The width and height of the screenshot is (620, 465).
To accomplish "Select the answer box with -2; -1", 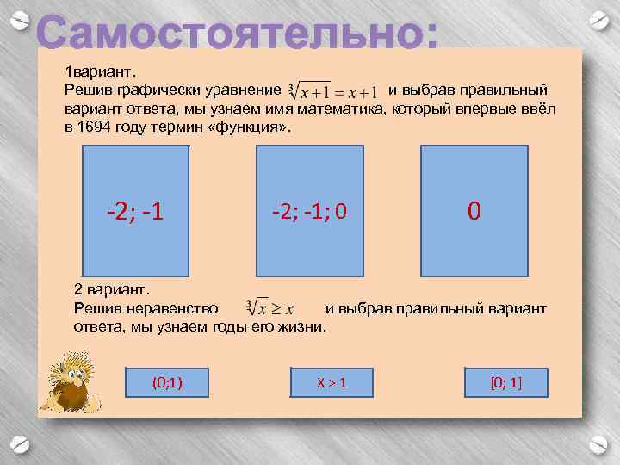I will click(135, 210).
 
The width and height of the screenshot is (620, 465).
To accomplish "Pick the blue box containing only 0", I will click(474, 210).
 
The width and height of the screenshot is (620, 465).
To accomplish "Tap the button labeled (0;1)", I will click(166, 381).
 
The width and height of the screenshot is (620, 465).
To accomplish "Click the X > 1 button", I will click(332, 381).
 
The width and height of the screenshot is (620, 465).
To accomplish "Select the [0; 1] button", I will click(506, 381).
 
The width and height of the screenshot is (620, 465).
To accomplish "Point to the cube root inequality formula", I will click(270, 307).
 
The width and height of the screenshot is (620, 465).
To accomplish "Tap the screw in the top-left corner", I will click(24, 18).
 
